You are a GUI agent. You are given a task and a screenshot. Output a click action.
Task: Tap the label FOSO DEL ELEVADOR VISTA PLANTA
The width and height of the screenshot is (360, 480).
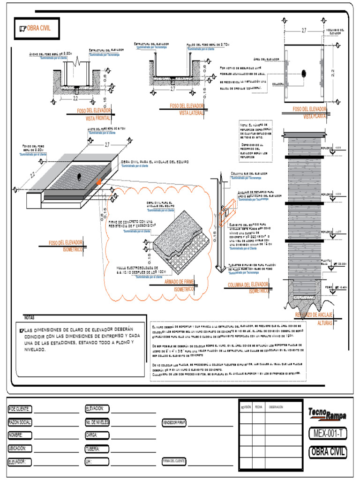309,112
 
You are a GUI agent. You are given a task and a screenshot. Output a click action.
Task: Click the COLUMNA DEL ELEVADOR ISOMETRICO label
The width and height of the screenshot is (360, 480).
248,287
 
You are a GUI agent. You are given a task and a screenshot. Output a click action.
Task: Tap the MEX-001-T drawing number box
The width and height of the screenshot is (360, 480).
328,434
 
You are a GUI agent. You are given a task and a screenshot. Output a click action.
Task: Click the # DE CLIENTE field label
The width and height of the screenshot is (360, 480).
19,409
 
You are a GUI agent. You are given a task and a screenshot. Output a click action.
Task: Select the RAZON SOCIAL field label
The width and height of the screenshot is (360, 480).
20,422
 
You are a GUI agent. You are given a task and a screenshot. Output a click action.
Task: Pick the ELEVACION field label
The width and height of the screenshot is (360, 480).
97,409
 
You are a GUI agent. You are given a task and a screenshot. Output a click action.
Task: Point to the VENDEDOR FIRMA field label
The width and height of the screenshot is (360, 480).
174,422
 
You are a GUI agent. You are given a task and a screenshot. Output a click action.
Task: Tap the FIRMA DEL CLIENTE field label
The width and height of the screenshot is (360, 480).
174,461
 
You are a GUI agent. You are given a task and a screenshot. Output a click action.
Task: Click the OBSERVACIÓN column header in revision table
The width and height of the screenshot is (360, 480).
276,407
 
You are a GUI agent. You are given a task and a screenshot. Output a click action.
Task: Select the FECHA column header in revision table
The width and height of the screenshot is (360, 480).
258,407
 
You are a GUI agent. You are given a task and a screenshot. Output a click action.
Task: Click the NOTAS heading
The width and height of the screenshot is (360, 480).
29,317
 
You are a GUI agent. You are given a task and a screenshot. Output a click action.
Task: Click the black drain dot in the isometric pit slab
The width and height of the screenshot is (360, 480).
79,176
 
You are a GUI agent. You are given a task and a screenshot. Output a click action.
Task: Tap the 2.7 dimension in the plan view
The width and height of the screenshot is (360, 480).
304,30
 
